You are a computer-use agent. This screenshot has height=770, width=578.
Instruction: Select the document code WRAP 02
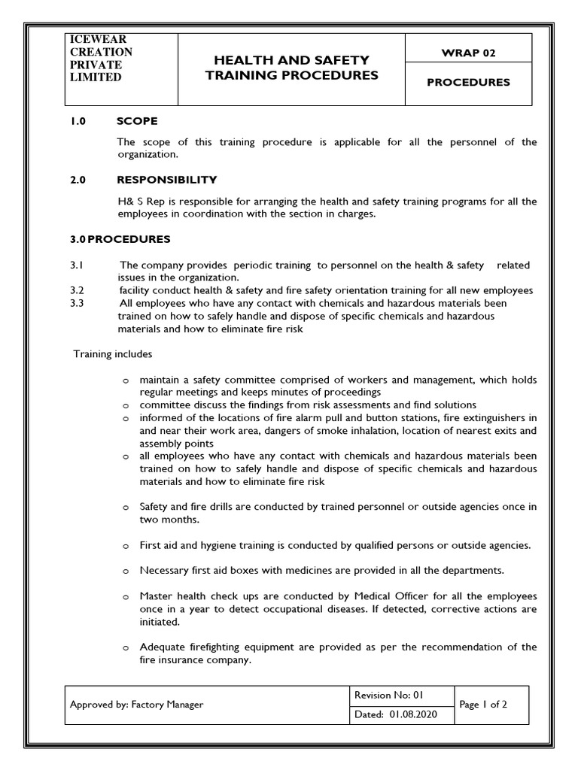[468, 53]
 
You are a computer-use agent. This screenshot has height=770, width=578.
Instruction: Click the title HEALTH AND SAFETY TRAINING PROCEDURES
[291, 68]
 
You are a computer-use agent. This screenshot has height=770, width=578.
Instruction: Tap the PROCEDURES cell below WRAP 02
[468, 83]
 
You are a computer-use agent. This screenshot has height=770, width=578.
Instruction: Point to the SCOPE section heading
[137, 121]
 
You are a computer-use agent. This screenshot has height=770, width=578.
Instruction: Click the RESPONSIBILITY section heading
[167, 180]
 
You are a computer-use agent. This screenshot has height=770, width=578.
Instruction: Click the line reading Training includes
[112, 353]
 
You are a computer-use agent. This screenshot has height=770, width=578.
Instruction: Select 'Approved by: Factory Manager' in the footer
[136, 705]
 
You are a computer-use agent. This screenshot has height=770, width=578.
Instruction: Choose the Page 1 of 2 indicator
[484, 705]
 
